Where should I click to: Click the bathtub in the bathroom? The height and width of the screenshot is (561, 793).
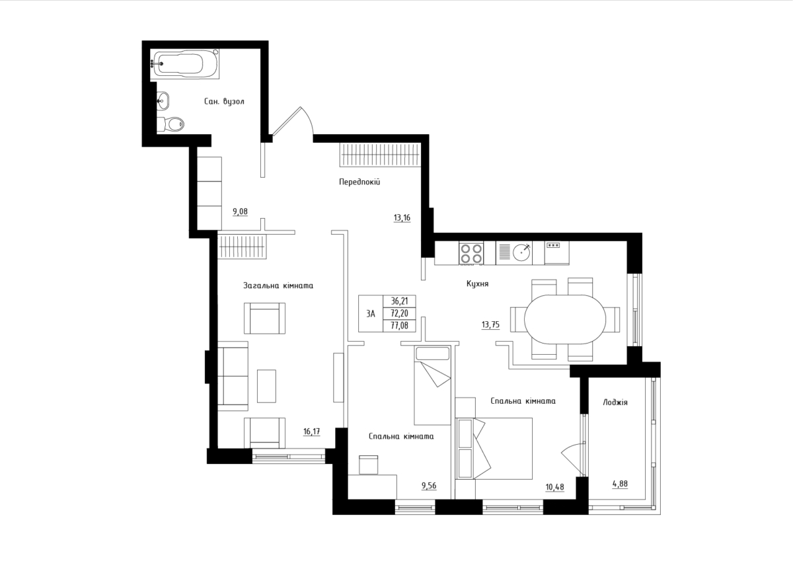pos(184,63)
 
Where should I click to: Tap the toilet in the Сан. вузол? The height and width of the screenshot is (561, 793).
pos(171,124)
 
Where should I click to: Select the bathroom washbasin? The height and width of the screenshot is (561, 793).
pos(163,100)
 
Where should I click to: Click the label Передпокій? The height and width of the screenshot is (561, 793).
pos(359,182)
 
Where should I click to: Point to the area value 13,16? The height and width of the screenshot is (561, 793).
pos(402,217)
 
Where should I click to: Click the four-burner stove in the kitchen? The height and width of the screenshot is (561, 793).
pos(471,254)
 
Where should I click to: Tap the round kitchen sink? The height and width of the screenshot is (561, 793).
pos(522,252)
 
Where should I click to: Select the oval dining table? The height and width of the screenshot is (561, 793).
pos(565,319)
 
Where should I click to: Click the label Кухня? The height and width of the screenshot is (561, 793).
pos(477,283)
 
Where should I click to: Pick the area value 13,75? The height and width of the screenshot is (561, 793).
pos(490,324)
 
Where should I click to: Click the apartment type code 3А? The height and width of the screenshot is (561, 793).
pos(371,314)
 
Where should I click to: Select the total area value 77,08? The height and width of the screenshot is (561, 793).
pos(399,326)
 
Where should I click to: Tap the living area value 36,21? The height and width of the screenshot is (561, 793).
pos(399,301)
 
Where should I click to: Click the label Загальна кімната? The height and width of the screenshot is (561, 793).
pos(278,285)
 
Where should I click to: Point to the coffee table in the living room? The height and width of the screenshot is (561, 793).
pos(266,386)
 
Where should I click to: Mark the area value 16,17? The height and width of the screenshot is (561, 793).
pos(311,431)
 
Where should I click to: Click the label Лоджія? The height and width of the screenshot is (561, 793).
pos(615,402)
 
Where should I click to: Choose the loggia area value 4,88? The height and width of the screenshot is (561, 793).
pos(621,484)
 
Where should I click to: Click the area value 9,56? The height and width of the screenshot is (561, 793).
pos(429,486)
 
